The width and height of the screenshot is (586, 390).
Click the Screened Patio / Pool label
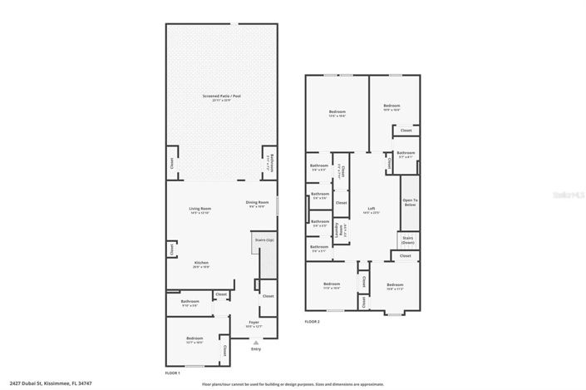click(221, 97)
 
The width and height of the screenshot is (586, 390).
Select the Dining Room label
click(257, 204)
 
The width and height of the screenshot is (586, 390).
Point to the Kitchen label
click(190, 264)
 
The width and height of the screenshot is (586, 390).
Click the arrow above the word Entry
click(255, 342)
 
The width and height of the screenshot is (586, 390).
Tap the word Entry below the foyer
click(255, 350)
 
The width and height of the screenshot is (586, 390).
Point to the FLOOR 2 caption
click(312, 321)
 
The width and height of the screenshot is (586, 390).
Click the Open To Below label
click(409, 202)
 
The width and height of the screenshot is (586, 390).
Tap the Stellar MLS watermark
click(568, 191)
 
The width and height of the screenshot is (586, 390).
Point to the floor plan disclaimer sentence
click(293, 384)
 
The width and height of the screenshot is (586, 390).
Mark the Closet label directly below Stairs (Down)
click(405, 256)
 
